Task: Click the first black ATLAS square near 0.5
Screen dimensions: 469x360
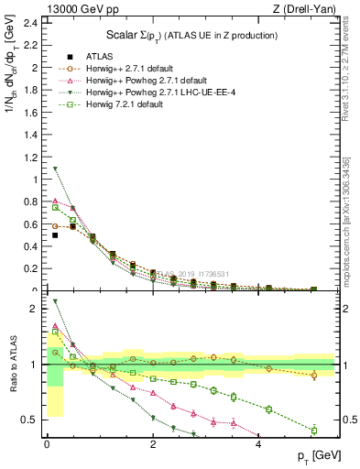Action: tap(55, 235)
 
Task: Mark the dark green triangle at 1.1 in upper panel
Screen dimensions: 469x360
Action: tap(55, 169)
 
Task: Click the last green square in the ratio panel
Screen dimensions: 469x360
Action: tap(313, 431)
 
